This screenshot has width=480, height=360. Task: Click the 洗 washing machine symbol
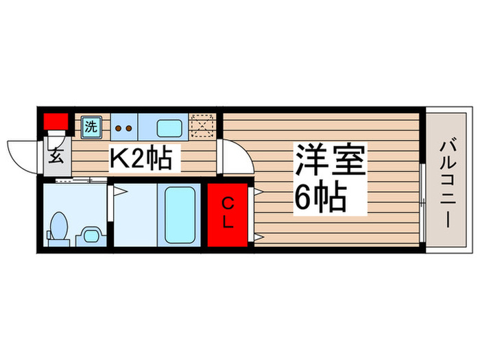coord(91,126)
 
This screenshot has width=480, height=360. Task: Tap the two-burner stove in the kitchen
coord(124,127)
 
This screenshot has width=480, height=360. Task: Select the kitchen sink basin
coord(169,128)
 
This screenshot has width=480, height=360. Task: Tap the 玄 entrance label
coord(57,155)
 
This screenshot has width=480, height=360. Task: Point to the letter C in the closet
coord(228,203)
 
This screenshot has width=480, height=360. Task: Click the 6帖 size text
coord(319,197)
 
